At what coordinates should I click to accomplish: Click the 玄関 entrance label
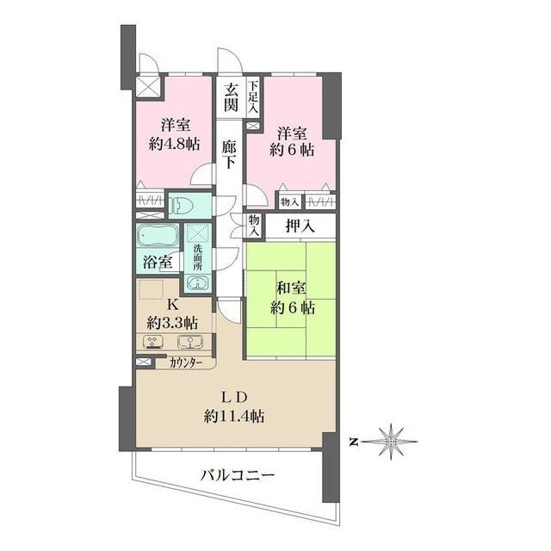[231, 97]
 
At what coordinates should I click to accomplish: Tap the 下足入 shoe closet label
[253, 97]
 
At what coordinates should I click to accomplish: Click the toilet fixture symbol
[179, 205]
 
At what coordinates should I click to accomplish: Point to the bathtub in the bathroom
[158, 235]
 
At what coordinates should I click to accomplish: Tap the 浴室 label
[158, 262]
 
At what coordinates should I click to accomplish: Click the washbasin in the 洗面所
[197, 282]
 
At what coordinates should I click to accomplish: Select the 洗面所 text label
[197, 257]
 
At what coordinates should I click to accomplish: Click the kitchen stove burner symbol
[153, 342]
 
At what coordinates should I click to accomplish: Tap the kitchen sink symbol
[190, 342]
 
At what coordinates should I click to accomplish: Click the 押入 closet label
[300, 226]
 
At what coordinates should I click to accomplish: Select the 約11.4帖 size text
[234, 417]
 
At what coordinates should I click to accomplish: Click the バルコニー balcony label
[238, 476]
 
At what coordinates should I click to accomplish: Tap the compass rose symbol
[391, 442]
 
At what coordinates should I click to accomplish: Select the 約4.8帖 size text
[174, 144]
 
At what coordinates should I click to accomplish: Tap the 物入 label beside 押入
[254, 226]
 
